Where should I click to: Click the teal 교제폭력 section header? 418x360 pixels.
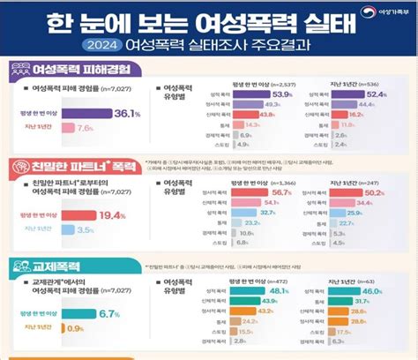click(x=47, y=265)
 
